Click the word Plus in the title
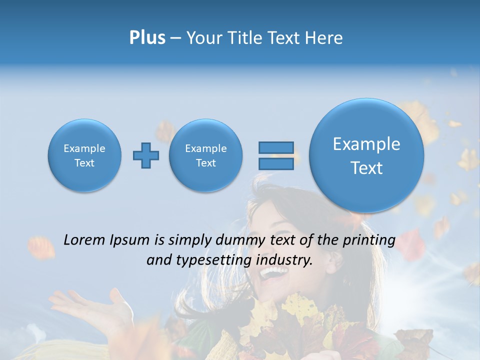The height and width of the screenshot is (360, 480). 147,37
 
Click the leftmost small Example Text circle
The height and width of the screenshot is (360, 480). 84,155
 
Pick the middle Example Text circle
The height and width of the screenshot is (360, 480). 205,155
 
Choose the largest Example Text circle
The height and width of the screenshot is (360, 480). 366,155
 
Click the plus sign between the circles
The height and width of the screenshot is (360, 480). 146,155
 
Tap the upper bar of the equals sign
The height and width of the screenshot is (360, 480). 276,147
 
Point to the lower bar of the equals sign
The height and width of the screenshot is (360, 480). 276,163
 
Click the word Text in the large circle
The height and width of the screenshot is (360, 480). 366,168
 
